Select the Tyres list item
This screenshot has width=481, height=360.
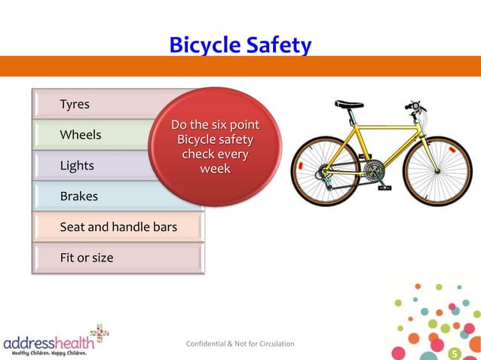[75, 104]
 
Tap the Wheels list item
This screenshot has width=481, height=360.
[81, 135]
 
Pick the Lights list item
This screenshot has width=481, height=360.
[77, 166]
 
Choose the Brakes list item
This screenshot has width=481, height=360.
[79, 197]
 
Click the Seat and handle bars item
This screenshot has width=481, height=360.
[118, 227]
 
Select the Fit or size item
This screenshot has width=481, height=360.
[87, 258]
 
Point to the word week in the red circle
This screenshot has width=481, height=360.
[215, 169]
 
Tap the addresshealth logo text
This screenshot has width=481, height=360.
[47, 343]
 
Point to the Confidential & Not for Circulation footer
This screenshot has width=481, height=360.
[240, 344]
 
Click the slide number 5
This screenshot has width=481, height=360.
[454, 353]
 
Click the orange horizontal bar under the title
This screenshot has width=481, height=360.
[240, 66]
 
